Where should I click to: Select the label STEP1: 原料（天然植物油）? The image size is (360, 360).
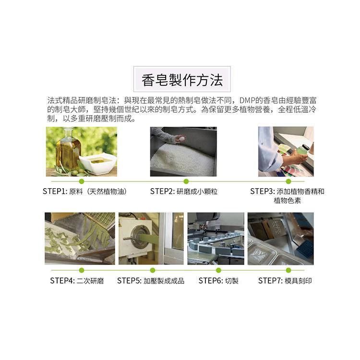(x=85, y=192)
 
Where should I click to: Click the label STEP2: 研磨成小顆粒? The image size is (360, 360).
(x=183, y=192)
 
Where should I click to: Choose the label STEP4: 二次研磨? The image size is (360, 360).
(x=77, y=281)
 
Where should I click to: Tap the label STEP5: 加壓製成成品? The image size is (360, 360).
(x=151, y=281)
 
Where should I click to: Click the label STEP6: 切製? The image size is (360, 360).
(x=218, y=281)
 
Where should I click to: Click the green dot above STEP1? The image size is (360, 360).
(x=81, y=181)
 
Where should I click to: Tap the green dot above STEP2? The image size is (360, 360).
(x=186, y=181)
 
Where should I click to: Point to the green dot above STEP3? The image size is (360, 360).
(x=288, y=181)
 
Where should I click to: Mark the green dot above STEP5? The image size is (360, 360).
(x=153, y=270)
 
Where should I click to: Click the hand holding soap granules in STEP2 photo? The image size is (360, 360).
(x=180, y=138)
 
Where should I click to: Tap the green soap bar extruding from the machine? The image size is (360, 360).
(x=147, y=237)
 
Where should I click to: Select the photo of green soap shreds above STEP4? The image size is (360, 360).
(x=80, y=239)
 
